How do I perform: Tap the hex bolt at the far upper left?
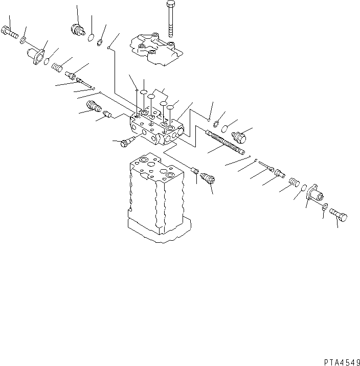[10, 32]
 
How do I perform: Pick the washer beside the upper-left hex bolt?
[24, 39]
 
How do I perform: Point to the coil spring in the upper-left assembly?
[57, 66]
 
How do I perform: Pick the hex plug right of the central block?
[239, 136]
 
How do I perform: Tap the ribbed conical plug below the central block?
[209, 180]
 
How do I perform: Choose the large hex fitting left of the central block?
[93, 107]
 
